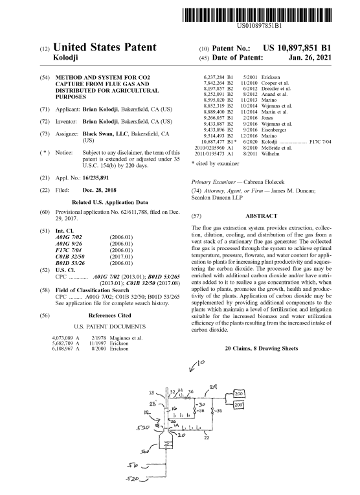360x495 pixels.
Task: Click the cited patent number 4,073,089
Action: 63,338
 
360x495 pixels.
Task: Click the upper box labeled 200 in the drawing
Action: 239,393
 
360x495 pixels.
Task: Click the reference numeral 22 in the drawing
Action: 207,438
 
